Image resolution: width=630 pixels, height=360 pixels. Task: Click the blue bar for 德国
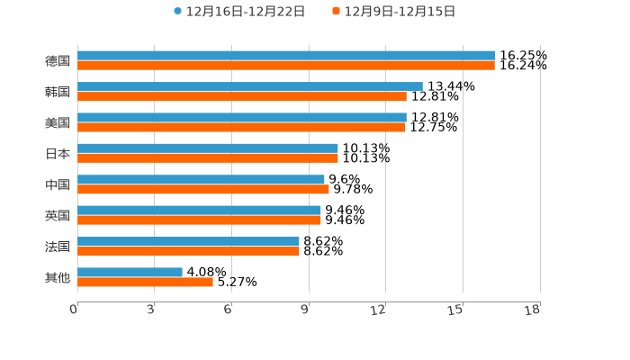click(286, 56)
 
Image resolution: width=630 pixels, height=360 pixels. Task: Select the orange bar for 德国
click(286, 66)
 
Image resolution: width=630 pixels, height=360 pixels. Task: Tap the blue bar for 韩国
click(250, 86)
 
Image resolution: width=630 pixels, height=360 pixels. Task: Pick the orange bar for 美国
click(241, 127)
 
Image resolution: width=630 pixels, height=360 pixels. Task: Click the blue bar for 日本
click(208, 148)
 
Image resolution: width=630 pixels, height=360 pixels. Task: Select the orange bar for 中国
click(203, 189)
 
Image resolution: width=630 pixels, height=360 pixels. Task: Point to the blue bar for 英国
click(199, 210)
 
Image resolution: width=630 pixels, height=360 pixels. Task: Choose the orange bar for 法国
click(188, 251)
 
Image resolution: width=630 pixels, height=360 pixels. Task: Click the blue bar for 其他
click(130, 272)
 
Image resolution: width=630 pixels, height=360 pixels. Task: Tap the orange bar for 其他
click(145, 282)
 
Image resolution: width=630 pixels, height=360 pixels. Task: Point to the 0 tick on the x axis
click(74, 310)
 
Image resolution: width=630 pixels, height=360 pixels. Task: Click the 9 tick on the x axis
click(305, 310)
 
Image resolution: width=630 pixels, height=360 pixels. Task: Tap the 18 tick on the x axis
click(533, 310)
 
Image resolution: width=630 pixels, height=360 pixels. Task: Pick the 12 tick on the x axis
click(379, 310)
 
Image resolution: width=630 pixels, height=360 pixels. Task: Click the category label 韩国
click(58, 92)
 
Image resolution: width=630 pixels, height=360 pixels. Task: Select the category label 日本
click(58, 153)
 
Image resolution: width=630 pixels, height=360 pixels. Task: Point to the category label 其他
click(58, 277)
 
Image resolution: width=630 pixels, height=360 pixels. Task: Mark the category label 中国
click(58, 184)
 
